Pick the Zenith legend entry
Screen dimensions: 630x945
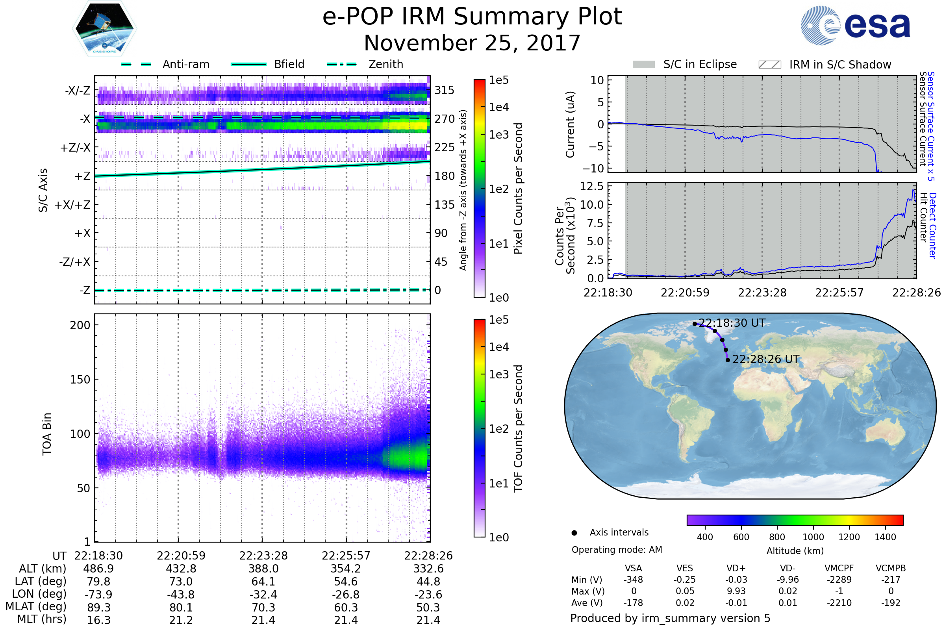pyautogui.click(x=385, y=64)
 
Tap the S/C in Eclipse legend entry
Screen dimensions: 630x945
pyautogui.click(x=700, y=64)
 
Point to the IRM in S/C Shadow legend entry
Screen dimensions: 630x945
pyautogui.click(x=840, y=65)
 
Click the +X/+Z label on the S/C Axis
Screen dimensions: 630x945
pyautogui.click(x=72, y=205)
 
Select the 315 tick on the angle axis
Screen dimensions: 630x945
pyautogui.click(x=444, y=90)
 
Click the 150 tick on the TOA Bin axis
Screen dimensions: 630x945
pyautogui.click(x=80, y=380)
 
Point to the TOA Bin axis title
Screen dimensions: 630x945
pyautogui.click(x=46, y=434)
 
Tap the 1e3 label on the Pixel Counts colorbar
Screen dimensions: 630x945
pyautogui.click(x=498, y=135)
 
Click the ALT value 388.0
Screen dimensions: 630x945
pyautogui.click(x=263, y=569)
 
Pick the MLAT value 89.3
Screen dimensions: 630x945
pyautogui.click(x=98, y=608)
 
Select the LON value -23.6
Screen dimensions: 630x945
pyautogui.click(x=428, y=595)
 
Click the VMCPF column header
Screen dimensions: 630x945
pyautogui.click(x=839, y=569)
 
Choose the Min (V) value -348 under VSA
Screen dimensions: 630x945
pyautogui.click(x=633, y=580)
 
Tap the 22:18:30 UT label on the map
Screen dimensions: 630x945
pyautogui.click(x=732, y=323)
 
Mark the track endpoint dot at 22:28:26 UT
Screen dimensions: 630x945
pyautogui.click(x=728, y=360)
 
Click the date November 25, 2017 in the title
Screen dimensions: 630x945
pyautogui.click(x=472, y=43)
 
